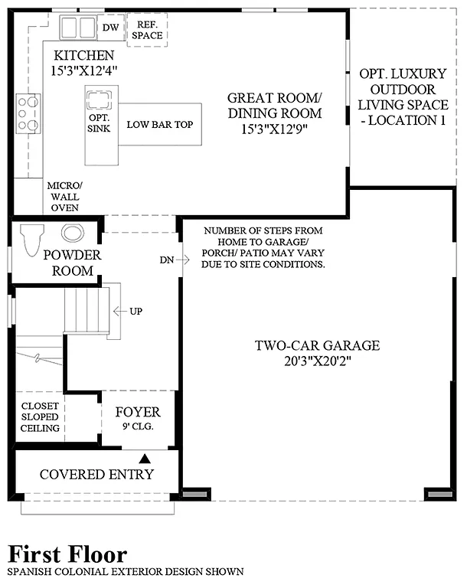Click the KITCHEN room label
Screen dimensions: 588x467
83,56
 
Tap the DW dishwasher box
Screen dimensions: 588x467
109,27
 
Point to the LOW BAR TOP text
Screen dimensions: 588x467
159,124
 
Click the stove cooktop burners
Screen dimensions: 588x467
29,113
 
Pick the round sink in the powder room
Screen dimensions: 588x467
73,234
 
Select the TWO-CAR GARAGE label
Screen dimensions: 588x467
317,345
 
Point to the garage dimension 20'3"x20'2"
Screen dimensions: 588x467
317,361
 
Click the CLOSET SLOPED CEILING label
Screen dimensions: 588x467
40,417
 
